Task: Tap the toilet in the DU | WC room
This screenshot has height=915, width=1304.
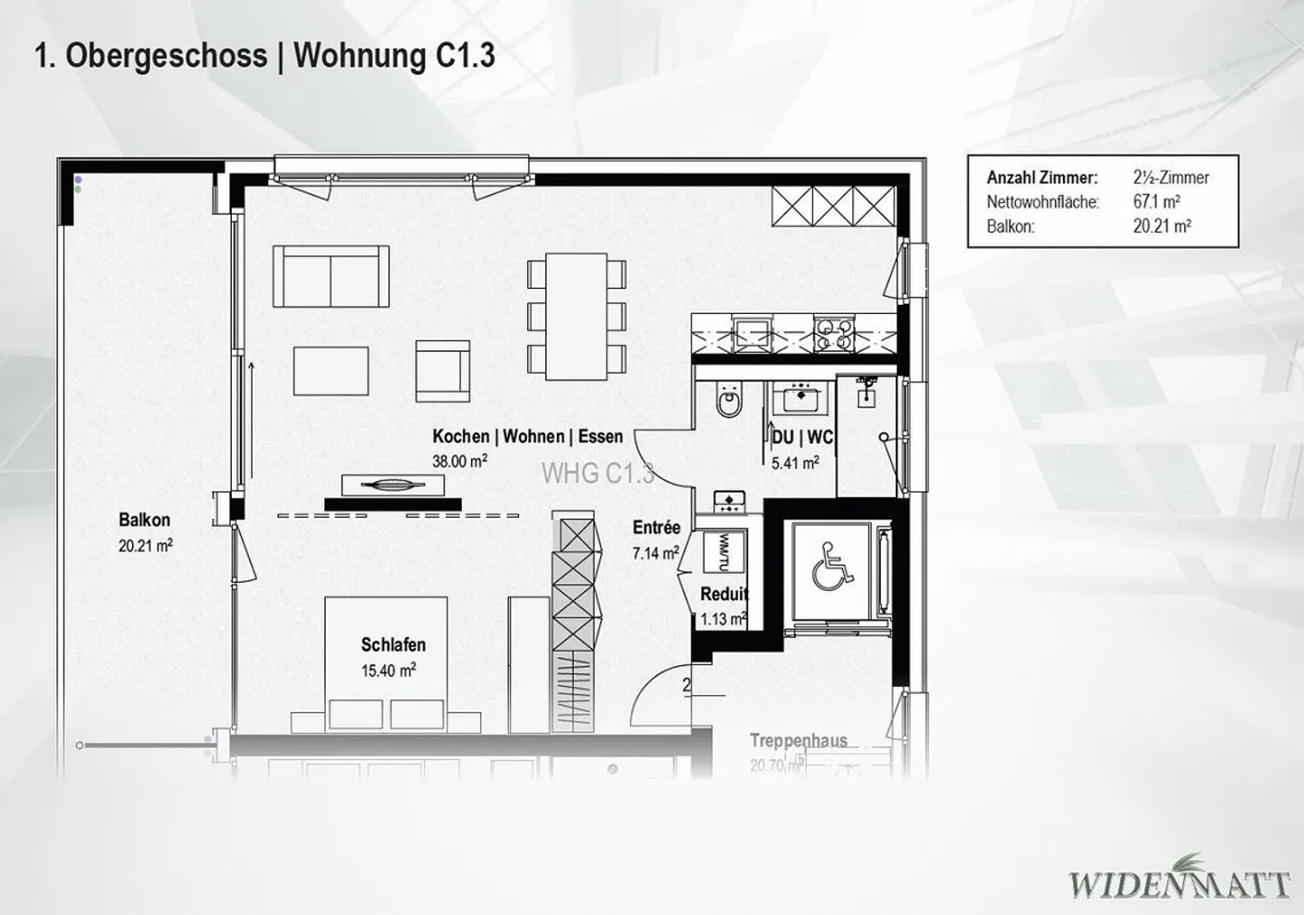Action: coord(727,399)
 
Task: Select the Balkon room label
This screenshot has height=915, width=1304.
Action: coord(144,520)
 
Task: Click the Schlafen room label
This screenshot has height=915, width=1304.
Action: coord(393,645)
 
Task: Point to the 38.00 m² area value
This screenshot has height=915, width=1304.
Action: coord(460,461)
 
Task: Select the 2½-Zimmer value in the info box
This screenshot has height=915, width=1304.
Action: coord(1171,178)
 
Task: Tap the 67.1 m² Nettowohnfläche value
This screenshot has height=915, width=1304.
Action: coord(1156,202)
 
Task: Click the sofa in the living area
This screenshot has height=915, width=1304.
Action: coord(331,276)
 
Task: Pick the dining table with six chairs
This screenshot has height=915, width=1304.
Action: coord(577,316)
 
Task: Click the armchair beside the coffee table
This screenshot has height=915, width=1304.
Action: coord(442,371)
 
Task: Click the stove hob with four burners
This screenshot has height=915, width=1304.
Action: coord(833,334)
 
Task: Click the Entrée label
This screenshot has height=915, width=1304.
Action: coord(656,528)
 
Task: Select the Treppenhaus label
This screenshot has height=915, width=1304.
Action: coord(798,740)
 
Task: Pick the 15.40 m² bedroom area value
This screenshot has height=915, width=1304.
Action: coord(388,671)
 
